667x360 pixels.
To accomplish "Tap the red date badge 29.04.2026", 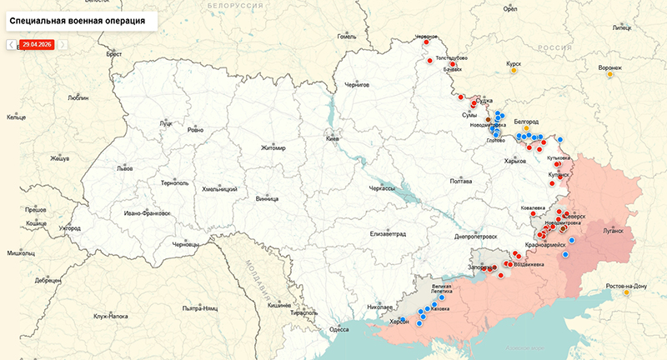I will [38, 44].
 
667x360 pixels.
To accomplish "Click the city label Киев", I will [332, 138].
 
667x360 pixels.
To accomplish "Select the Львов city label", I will [124, 167].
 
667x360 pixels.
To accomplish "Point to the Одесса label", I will [339, 329].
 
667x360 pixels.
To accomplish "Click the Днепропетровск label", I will [476, 237].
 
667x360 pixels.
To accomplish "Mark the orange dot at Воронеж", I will [609, 75].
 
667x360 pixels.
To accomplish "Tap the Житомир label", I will [273, 148].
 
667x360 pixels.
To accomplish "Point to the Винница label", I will [267, 199].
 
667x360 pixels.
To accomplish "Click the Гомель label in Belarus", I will [346, 37].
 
